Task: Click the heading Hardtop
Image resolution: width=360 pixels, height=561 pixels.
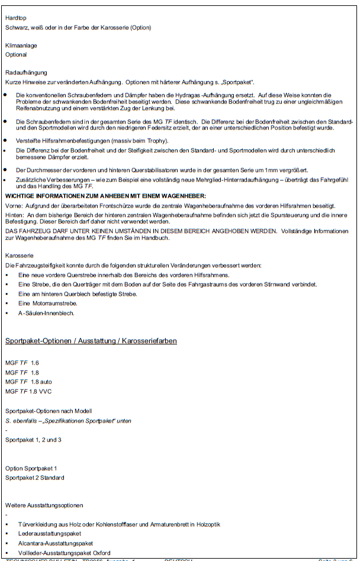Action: click(x=15, y=18)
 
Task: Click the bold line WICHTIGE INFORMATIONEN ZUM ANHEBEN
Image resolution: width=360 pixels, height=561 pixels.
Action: click(x=105, y=195)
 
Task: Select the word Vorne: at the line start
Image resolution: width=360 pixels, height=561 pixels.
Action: click(x=14, y=205)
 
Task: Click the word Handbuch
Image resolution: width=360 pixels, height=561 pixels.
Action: click(x=159, y=238)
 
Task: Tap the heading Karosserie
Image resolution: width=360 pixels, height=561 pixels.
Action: click(x=18, y=256)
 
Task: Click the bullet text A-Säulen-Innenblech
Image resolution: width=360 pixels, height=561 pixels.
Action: click(x=46, y=313)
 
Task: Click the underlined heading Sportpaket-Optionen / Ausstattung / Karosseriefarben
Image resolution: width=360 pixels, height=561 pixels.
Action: click(x=91, y=341)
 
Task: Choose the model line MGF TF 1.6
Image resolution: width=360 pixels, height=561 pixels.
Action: click(x=22, y=363)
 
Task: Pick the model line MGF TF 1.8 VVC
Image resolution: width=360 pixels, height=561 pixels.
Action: click(x=28, y=391)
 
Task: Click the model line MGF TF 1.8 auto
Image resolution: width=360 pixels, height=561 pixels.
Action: click(x=28, y=382)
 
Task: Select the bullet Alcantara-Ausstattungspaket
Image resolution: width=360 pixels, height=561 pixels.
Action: click(x=56, y=543)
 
